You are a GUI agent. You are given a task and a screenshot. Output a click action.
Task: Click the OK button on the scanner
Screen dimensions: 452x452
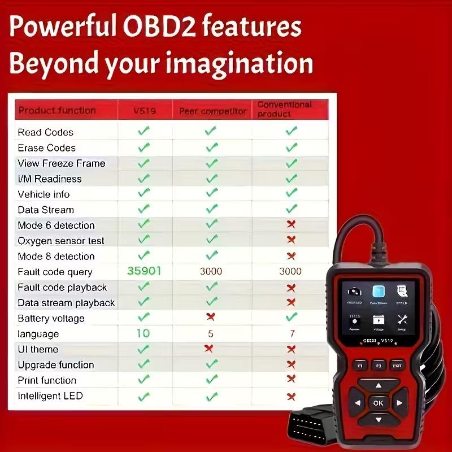pyautogui.click(x=378, y=403)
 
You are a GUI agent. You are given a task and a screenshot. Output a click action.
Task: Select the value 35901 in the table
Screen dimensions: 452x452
pyautogui.click(x=144, y=271)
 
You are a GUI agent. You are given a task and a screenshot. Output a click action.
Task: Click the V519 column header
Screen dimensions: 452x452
pyautogui.click(x=144, y=111)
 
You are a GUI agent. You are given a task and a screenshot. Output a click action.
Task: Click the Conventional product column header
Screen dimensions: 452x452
pyautogui.click(x=284, y=109)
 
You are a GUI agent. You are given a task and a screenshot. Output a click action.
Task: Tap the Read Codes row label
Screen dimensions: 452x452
pyautogui.click(x=45, y=132)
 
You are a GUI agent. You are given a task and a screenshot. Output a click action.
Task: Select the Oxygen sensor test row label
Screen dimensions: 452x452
pyautogui.click(x=61, y=241)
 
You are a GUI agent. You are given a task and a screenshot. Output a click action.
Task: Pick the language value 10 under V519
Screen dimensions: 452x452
pyautogui.click(x=144, y=333)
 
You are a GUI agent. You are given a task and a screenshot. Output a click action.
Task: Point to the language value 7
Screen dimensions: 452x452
pyautogui.click(x=292, y=334)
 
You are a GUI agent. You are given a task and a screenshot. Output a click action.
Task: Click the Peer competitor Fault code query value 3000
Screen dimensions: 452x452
pyautogui.click(x=211, y=272)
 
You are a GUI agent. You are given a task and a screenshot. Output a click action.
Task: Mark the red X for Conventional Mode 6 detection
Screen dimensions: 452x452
pyautogui.click(x=291, y=225)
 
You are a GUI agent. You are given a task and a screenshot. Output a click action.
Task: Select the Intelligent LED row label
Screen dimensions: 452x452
pyautogui.click(x=50, y=396)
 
